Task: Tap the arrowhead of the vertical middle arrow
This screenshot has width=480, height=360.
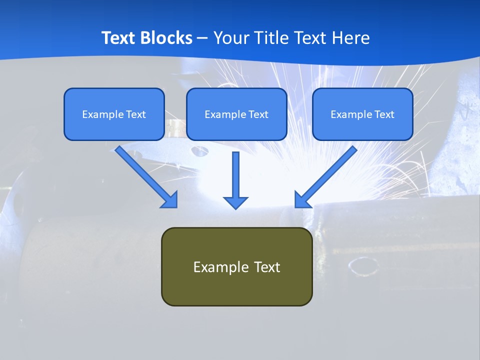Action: pyautogui.click(x=235, y=202)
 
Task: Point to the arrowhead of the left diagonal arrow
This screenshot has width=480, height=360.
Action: pyautogui.click(x=169, y=200)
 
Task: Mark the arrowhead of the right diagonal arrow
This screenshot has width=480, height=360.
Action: pyautogui.click(x=302, y=200)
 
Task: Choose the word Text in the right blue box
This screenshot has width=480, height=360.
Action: pyautogui.click(x=384, y=114)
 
